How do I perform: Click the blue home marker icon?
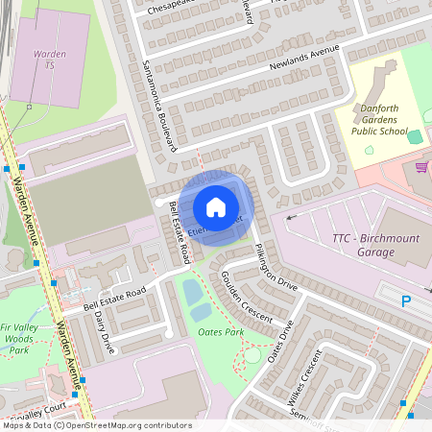(216, 206)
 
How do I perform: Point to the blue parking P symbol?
(406, 300)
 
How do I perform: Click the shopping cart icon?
(420, 166)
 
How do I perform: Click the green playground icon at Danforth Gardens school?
(414, 137)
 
